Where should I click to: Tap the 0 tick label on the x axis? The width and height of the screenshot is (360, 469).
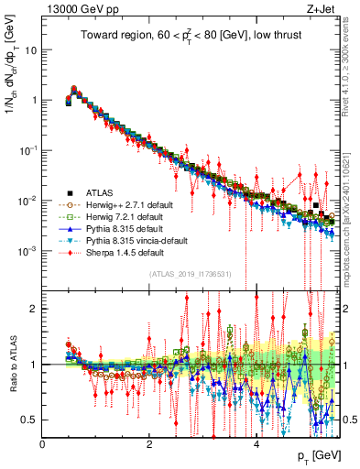pos(43,443)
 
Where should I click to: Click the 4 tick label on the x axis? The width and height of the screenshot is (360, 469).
pos(256,443)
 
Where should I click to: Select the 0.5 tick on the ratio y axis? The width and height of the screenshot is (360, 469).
pos(29,420)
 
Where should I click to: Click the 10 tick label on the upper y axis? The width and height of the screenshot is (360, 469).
pos(30,50)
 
